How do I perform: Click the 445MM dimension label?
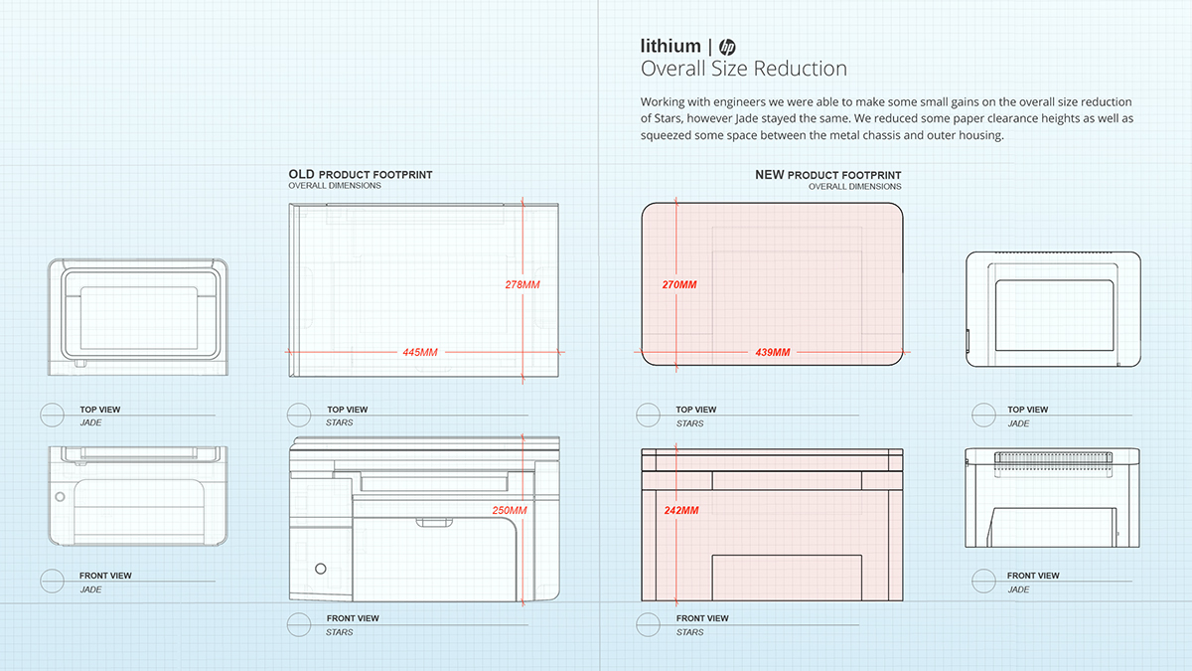[x=419, y=352]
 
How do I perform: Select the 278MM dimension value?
[x=522, y=284]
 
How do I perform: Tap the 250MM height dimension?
[x=510, y=511]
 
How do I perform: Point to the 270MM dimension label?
[x=679, y=284]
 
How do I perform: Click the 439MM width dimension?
[x=772, y=352]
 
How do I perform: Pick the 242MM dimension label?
[x=680, y=510]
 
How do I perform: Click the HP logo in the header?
[x=727, y=47]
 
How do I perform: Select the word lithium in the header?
[x=670, y=47]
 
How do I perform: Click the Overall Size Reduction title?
[x=744, y=69]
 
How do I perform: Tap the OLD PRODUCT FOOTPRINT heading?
[x=361, y=175]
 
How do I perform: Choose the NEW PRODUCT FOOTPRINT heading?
[x=828, y=175]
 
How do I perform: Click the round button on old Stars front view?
[x=320, y=568]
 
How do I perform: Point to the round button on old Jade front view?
[x=60, y=495]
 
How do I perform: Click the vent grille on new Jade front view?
[x=1052, y=457]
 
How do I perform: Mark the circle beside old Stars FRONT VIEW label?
[x=299, y=624]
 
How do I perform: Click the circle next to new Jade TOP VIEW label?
[x=983, y=416]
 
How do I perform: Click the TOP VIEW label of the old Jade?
[x=100, y=410]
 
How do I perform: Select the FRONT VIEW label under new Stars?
[x=702, y=618]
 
